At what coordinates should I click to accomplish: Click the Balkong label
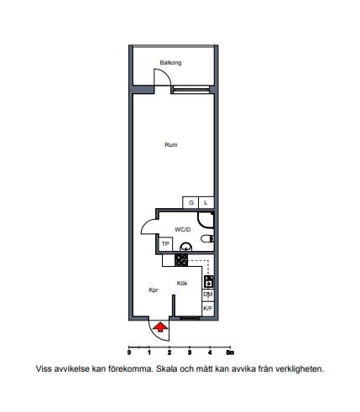(x=170, y=63)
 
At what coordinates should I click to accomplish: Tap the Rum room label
(x=171, y=144)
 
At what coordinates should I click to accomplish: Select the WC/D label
(x=183, y=230)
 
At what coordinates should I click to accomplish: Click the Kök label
(x=182, y=284)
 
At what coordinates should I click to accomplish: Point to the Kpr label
(x=154, y=290)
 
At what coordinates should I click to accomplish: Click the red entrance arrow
(x=160, y=327)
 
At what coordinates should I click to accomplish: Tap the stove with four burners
(x=181, y=260)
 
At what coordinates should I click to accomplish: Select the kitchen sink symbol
(x=209, y=282)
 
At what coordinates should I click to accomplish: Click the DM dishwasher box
(x=208, y=295)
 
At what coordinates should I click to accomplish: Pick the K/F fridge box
(x=208, y=309)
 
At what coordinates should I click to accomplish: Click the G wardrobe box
(x=190, y=202)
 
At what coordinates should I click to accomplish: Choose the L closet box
(x=206, y=202)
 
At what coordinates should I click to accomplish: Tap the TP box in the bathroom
(x=165, y=244)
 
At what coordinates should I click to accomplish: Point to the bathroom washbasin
(x=186, y=247)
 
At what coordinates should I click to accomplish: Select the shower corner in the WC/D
(x=206, y=221)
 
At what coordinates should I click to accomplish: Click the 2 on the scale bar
(x=170, y=352)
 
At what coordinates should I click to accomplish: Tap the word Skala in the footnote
(x=167, y=368)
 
